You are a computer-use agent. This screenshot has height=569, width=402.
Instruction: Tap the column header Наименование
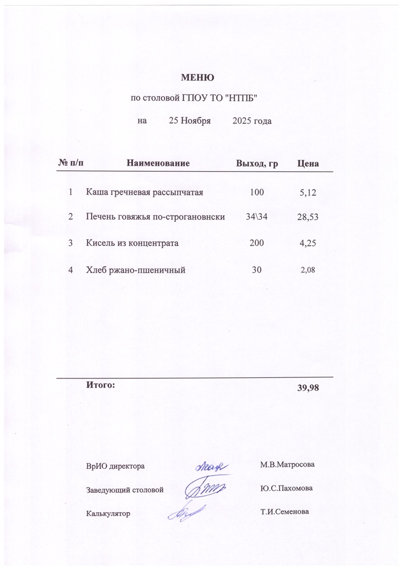(x=158, y=164)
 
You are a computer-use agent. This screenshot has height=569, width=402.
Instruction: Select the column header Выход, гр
(x=257, y=164)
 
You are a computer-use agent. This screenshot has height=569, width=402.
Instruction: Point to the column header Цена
(x=308, y=164)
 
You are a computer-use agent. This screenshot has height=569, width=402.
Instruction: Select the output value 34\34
(x=257, y=217)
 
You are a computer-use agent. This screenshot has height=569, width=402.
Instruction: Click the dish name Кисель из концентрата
(x=132, y=243)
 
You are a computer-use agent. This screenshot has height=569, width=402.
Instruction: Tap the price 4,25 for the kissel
(x=308, y=244)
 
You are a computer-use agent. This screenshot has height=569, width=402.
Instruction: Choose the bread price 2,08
(x=307, y=270)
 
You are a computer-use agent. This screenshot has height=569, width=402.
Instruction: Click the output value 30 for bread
(x=257, y=269)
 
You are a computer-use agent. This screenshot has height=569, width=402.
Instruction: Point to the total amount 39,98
(x=308, y=388)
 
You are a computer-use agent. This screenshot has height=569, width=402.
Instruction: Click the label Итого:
(x=100, y=385)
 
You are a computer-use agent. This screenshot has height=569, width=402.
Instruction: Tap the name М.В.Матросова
(x=287, y=465)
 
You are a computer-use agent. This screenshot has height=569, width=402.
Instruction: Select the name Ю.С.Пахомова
(x=285, y=488)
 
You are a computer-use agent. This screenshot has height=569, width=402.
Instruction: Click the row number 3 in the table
(x=71, y=243)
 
